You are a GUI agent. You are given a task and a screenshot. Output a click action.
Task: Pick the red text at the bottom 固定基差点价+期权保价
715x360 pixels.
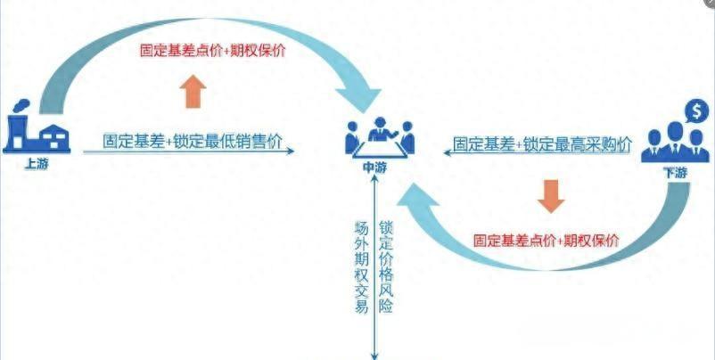coord(547,241)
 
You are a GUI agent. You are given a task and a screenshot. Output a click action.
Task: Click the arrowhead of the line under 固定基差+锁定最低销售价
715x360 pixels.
coord(292,151)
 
